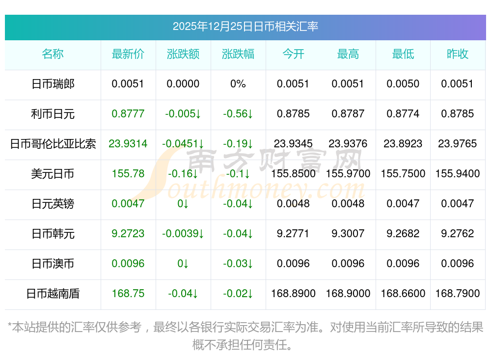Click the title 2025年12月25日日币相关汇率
tap(245, 26)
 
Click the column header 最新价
tap(128, 54)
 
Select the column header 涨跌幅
tap(238, 54)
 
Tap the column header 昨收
tap(458, 54)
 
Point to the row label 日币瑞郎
tap(53, 84)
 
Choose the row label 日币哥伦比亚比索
tap(53, 144)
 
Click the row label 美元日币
tap(53, 174)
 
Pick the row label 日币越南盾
tap(53, 294)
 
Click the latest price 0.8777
tap(128, 114)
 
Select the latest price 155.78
tap(128, 174)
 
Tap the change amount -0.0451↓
tap(183, 144)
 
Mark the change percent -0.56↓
tap(238, 114)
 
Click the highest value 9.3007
tap(348, 234)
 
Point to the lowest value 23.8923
tap(403, 144)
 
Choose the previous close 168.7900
tap(458, 294)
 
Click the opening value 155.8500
tap(293, 174)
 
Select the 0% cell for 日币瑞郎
tap(238, 84)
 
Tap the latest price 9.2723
tap(128, 234)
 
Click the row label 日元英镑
tap(53, 204)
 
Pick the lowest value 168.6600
tap(403, 294)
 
